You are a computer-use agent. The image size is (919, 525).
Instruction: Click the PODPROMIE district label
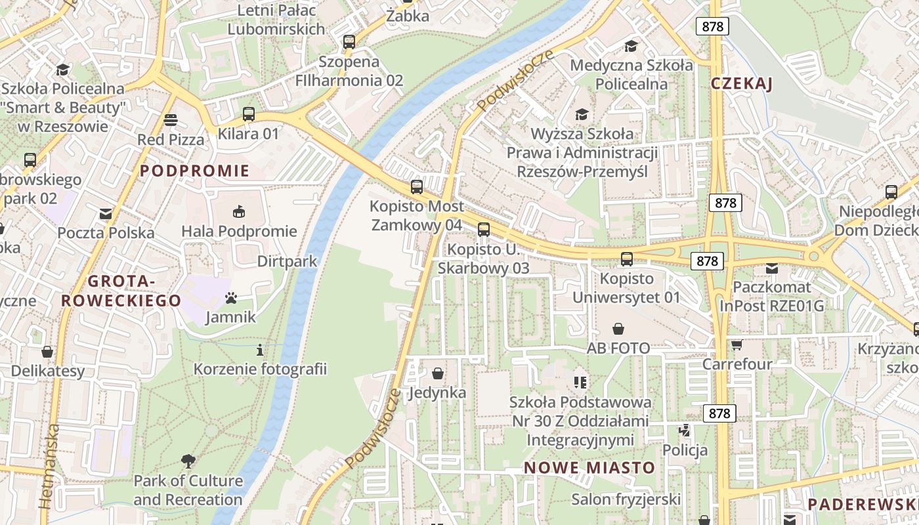click(x=195, y=171)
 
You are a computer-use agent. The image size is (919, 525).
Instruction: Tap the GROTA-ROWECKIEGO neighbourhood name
click(x=121, y=291)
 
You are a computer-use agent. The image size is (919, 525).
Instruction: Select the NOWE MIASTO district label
click(x=589, y=467)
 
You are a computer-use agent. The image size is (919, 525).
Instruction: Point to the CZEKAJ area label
click(x=741, y=83)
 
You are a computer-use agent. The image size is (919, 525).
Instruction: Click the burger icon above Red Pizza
click(x=171, y=119)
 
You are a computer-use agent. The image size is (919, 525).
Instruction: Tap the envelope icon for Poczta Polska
click(x=106, y=213)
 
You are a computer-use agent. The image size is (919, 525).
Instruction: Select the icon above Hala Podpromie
click(x=239, y=211)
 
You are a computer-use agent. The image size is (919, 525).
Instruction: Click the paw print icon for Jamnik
click(x=230, y=298)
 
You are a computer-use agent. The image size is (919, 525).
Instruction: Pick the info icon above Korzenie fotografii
click(x=260, y=350)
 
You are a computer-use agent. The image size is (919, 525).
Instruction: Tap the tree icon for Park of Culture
click(x=188, y=461)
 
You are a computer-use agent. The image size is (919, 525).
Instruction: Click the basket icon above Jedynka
click(x=438, y=373)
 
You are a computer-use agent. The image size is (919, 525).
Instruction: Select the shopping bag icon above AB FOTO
click(x=618, y=328)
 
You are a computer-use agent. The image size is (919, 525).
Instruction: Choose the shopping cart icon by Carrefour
click(x=737, y=345)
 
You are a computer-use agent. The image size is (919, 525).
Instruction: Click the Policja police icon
click(x=685, y=430)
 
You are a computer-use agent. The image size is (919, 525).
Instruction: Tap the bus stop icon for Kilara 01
click(x=248, y=114)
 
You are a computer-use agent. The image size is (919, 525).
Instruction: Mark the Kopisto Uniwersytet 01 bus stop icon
click(x=627, y=259)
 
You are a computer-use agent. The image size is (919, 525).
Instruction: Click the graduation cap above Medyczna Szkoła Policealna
click(x=631, y=45)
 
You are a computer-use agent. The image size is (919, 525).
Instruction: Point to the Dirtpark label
click(x=287, y=261)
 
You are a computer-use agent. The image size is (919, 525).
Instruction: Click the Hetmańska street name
click(x=49, y=466)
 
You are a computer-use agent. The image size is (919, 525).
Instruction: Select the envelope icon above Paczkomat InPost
click(x=771, y=268)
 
